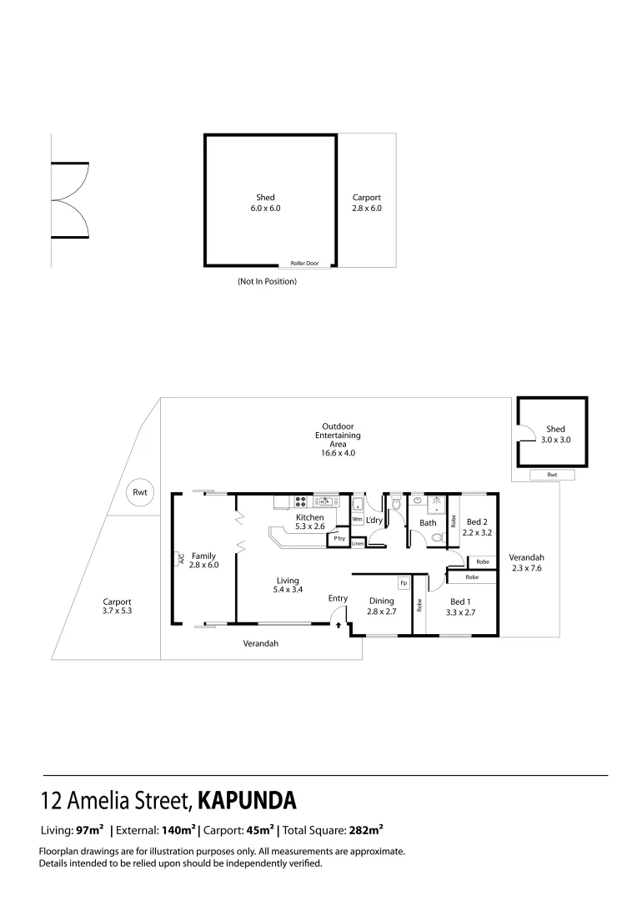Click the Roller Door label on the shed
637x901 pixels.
(x=304, y=263)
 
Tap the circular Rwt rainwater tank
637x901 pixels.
(x=140, y=492)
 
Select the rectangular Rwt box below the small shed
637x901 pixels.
(x=552, y=474)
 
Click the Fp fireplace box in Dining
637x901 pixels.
(x=404, y=582)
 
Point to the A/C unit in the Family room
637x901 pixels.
(x=179, y=560)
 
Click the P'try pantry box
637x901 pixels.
(x=339, y=539)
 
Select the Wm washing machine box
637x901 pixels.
(x=357, y=519)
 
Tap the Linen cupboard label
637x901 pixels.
(x=357, y=543)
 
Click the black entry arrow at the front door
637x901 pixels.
(x=338, y=622)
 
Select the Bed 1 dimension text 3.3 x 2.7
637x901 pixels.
(x=461, y=612)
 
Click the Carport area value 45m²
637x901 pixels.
(x=258, y=830)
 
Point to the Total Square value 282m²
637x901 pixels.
(x=366, y=830)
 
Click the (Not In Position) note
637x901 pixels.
(x=267, y=281)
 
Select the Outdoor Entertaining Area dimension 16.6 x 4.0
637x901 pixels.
(x=338, y=453)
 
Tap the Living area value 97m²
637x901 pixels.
(x=89, y=830)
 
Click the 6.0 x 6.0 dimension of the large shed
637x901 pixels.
(x=265, y=209)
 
